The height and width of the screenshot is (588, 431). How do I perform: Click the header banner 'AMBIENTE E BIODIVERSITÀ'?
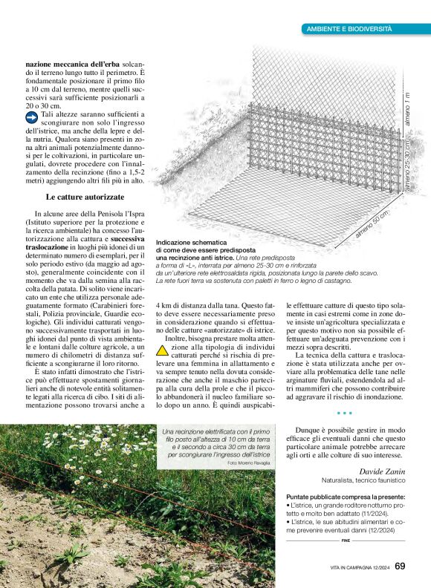coord(349,28)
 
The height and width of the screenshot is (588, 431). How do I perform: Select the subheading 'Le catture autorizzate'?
coord(85,197)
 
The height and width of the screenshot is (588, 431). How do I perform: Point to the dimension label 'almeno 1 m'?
coord(407,111)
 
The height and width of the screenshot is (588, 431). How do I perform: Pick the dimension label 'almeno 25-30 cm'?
coord(407,166)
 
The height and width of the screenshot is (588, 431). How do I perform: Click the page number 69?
coord(400,567)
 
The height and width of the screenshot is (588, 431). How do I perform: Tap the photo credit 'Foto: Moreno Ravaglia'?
coord(245,463)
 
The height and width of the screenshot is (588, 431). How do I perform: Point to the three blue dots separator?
coord(344,413)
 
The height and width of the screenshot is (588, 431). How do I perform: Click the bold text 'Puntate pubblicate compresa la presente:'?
coord(346,496)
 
